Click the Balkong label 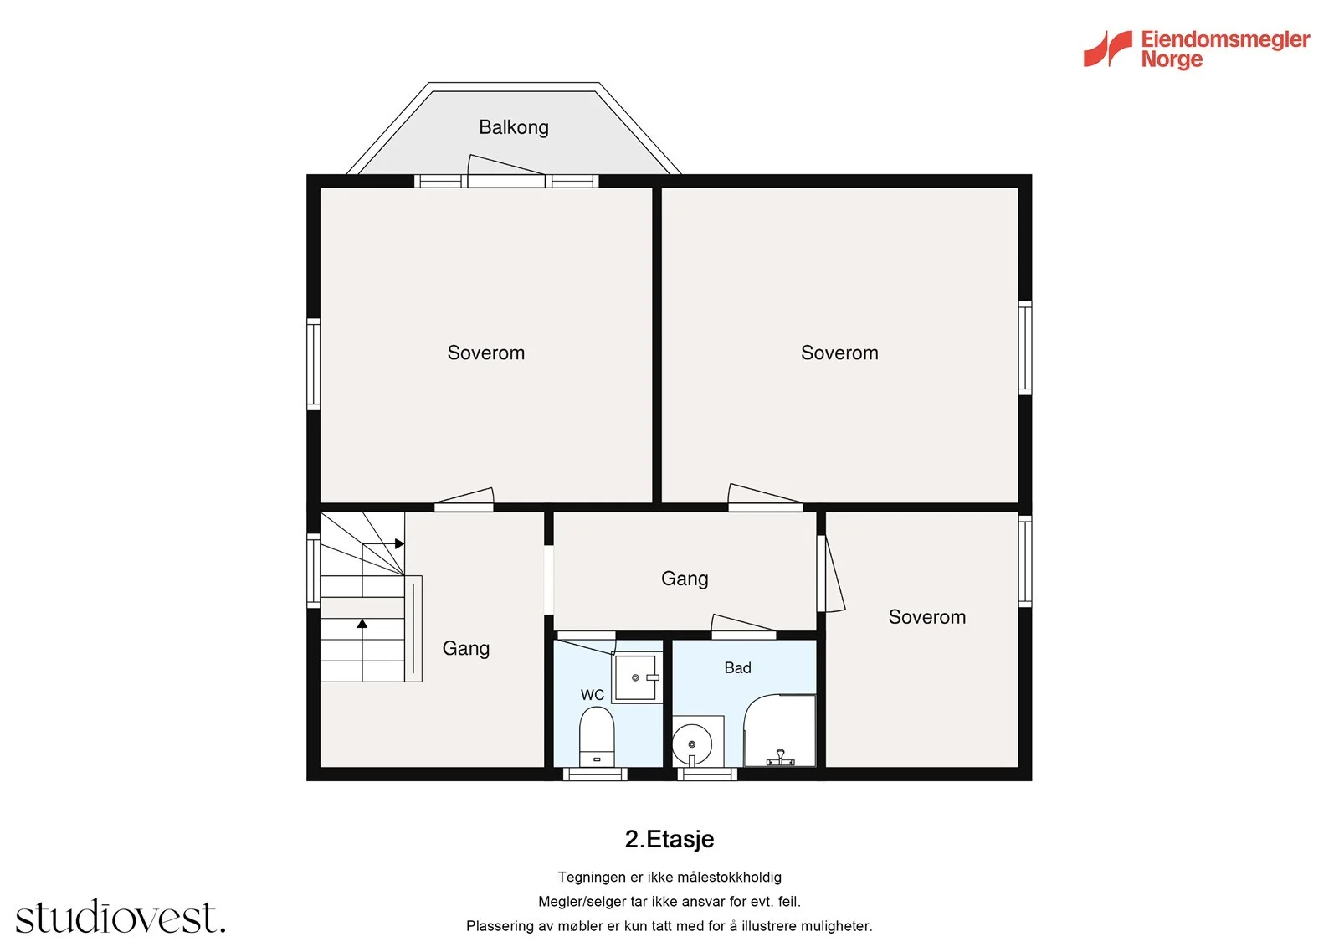(514, 127)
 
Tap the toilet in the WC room (597, 737)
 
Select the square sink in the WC (636, 677)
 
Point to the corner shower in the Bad (779, 730)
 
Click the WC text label (593, 694)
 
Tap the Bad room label (737, 667)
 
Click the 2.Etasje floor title (669, 839)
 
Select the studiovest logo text (121, 916)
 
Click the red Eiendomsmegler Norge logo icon (1108, 49)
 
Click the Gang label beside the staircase (465, 648)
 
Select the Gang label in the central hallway (685, 579)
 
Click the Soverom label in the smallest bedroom (926, 617)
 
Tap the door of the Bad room (744, 625)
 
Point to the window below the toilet (595, 775)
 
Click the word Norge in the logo (1172, 59)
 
